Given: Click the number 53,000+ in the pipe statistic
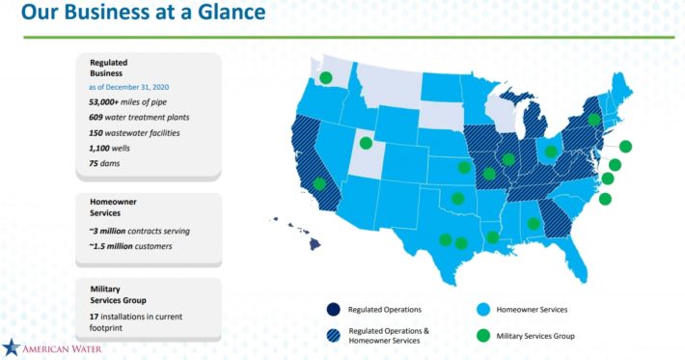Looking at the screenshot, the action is (103, 102).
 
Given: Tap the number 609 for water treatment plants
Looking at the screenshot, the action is (96, 118).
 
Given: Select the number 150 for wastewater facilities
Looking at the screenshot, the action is (96, 133).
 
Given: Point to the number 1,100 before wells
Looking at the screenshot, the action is (99, 148).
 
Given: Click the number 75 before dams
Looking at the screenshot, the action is (93, 163).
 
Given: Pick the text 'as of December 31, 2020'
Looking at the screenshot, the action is (129, 87).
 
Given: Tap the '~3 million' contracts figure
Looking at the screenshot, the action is (107, 231).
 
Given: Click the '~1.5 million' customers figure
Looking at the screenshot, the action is (111, 246).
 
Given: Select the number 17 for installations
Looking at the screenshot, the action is (94, 317).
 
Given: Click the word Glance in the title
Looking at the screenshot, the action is (232, 12).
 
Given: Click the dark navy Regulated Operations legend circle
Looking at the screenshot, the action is (333, 309).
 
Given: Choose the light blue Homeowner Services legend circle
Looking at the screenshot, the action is (482, 309).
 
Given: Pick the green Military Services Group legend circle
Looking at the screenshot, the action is (482, 336).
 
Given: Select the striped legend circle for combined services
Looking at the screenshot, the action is (333, 336).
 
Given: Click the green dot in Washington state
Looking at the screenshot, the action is (325, 78).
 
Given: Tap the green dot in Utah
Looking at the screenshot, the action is (366, 143).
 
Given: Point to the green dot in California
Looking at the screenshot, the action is (319, 183).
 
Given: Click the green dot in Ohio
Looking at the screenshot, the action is (551, 152).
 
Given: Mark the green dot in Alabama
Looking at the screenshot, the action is (534, 224).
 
